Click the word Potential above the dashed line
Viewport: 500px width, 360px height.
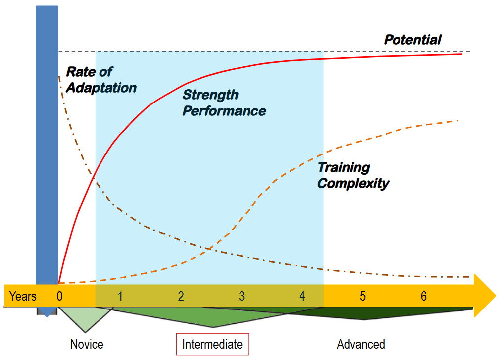pyautogui.click(x=412, y=40)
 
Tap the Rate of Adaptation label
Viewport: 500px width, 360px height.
pyautogui.click(x=101, y=80)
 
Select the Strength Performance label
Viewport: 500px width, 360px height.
pyautogui.click(x=224, y=103)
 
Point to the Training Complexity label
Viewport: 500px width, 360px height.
pyautogui.click(x=353, y=175)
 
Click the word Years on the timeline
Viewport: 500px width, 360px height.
pyautogui.click(x=23, y=296)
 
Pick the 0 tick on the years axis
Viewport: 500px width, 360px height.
pyautogui.click(x=59, y=296)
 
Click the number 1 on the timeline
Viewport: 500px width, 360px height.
pyautogui.click(x=120, y=296)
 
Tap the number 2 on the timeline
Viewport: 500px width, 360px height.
pyautogui.click(x=181, y=296)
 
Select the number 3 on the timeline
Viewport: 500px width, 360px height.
pyautogui.click(x=242, y=296)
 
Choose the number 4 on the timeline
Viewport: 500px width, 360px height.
pyautogui.click(x=302, y=296)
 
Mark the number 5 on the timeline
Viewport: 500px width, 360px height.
pyautogui.click(x=363, y=296)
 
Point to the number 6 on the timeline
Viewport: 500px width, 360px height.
pyautogui.click(x=424, y=296)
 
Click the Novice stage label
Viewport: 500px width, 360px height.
pyautogui.click(x=87, y=344)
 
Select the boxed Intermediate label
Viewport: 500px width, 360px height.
pyautogui.click(x=212, y=344)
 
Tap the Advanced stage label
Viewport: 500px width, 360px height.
pyautogui.click(x=361, y=344)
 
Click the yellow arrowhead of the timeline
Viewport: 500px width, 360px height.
pyautogui.click(x=485, y=296)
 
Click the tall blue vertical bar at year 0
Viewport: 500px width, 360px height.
pyautogui.click(x=47, y=149)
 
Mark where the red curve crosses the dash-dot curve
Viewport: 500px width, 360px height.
pyautogui.click(x=94, y=177)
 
